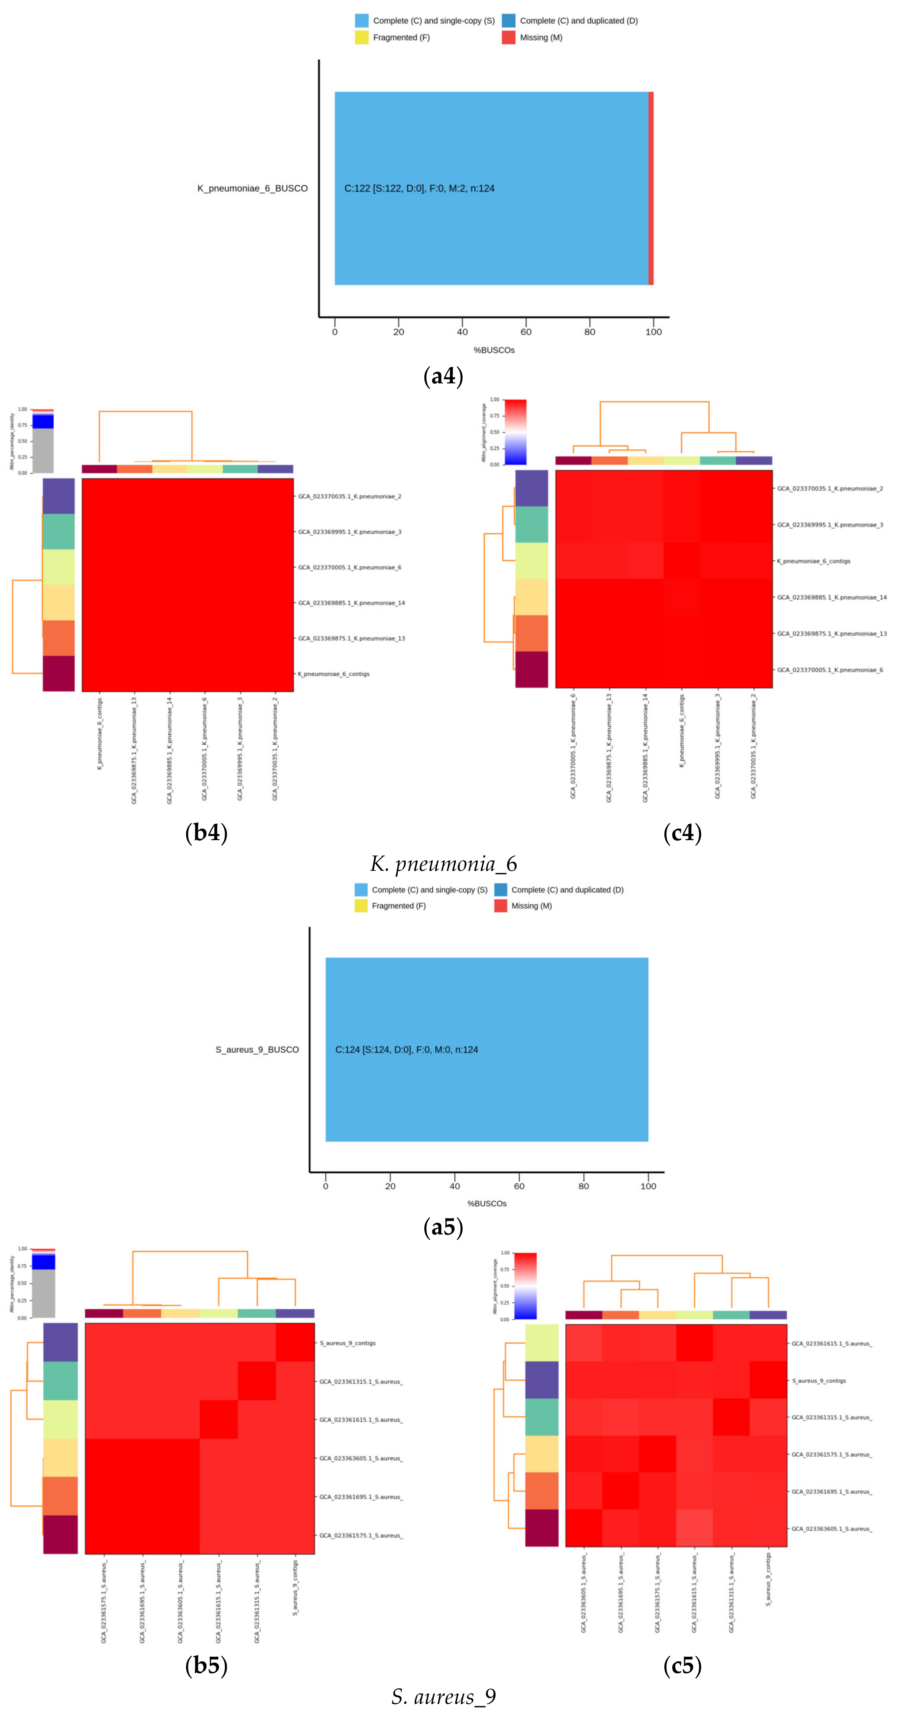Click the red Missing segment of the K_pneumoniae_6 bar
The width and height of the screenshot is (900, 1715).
pyautogui.click(x=651, y=188)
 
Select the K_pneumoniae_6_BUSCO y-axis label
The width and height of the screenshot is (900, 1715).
pyautogui.click(x=252, y=188)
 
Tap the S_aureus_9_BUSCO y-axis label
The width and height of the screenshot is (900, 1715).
pyautogui.click(x=257, y=1050)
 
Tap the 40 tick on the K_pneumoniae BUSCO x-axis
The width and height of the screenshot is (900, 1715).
pyautogui.click(x=462, y=332)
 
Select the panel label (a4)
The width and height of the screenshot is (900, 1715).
pyautogui.click(x=443, y=376)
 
